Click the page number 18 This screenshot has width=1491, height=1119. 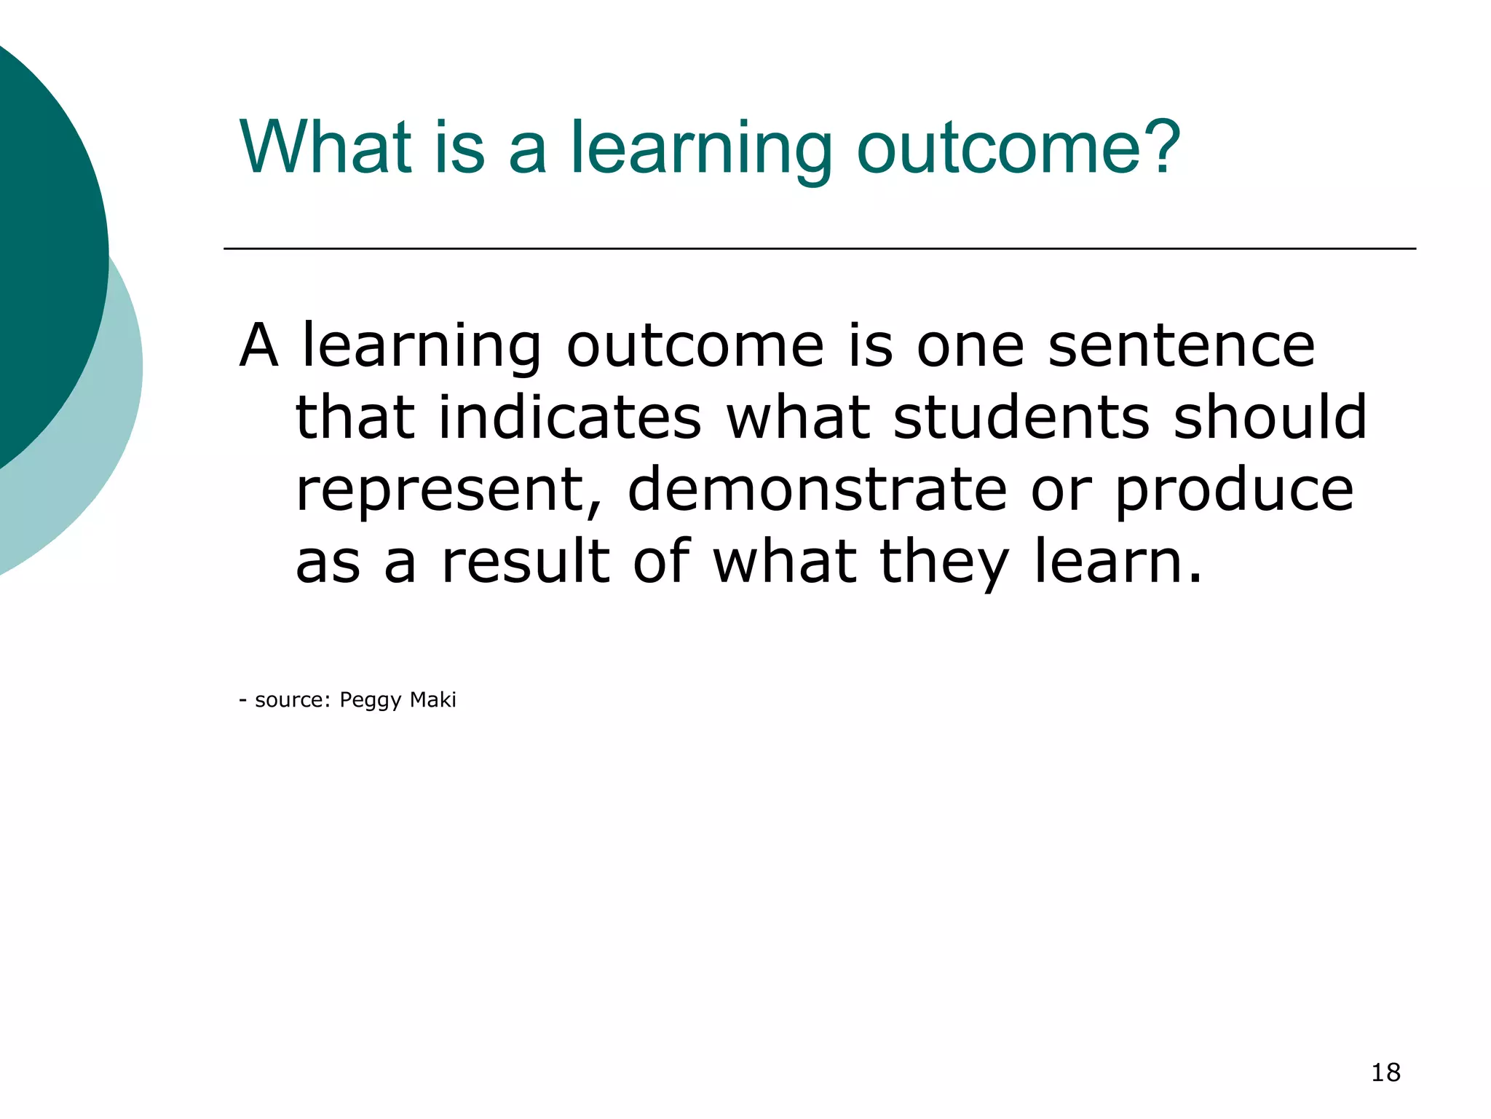(1385, 1072)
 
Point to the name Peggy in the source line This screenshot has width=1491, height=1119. (370, 701)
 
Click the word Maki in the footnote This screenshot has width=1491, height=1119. (432, 699)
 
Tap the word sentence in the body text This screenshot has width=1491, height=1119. (1181, 345)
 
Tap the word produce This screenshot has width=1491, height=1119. (1234, 491)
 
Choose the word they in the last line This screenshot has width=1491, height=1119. (944, 562)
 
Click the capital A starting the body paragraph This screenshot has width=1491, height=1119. (259, 345)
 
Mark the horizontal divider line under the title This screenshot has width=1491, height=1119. (819, 248)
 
